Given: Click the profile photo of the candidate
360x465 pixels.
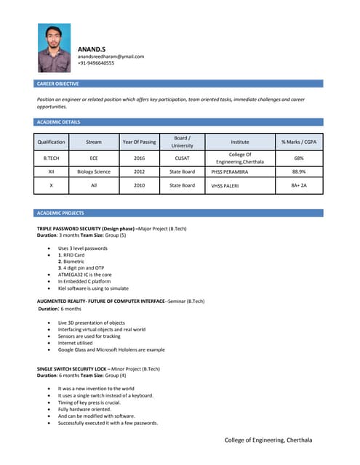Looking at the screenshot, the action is (55, 48).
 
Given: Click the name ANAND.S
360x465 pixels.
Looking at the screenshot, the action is (92, 48).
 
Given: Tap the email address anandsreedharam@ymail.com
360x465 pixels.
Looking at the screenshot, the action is (111, 56).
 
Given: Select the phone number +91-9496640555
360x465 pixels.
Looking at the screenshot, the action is (96, 63).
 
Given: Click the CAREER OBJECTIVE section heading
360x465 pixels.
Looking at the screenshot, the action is (57, 84).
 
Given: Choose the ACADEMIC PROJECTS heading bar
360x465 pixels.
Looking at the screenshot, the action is (60, 213).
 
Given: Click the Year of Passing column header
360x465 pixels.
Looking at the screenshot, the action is (139, 142).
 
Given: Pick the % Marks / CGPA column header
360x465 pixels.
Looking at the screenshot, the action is (298, 142).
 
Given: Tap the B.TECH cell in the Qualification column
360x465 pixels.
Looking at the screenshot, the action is (52, 158).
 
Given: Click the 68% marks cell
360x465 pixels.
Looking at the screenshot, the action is (298, 158).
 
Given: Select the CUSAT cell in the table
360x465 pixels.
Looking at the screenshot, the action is (182, 158).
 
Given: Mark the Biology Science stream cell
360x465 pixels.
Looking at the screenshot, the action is (94, 172).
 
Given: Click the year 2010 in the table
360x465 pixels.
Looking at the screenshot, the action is (139, 185).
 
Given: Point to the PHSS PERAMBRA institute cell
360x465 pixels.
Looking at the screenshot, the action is (230, 173).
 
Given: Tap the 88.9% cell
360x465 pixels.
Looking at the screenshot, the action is (298, 172).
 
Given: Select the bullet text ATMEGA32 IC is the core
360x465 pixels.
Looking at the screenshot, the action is (84, 275).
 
